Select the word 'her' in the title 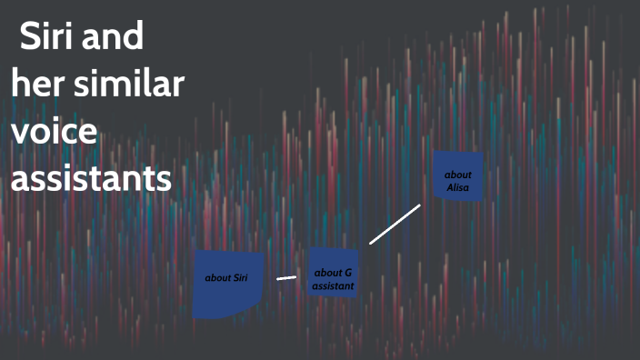click(35, 86)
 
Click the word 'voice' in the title click(55, 132)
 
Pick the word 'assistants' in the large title click(91, 178)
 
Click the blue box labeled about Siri click(228, 284)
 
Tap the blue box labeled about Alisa click(457, 176)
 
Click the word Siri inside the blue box click(240, 277)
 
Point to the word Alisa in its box click(458, 186)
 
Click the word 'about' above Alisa click(458, 173)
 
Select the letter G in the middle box click(347, 273)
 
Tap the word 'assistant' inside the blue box click(333, 285)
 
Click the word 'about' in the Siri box click(218, 277)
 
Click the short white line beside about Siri click(286, 277)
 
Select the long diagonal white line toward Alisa click(395, 225)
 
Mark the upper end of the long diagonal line click(419, 205)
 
